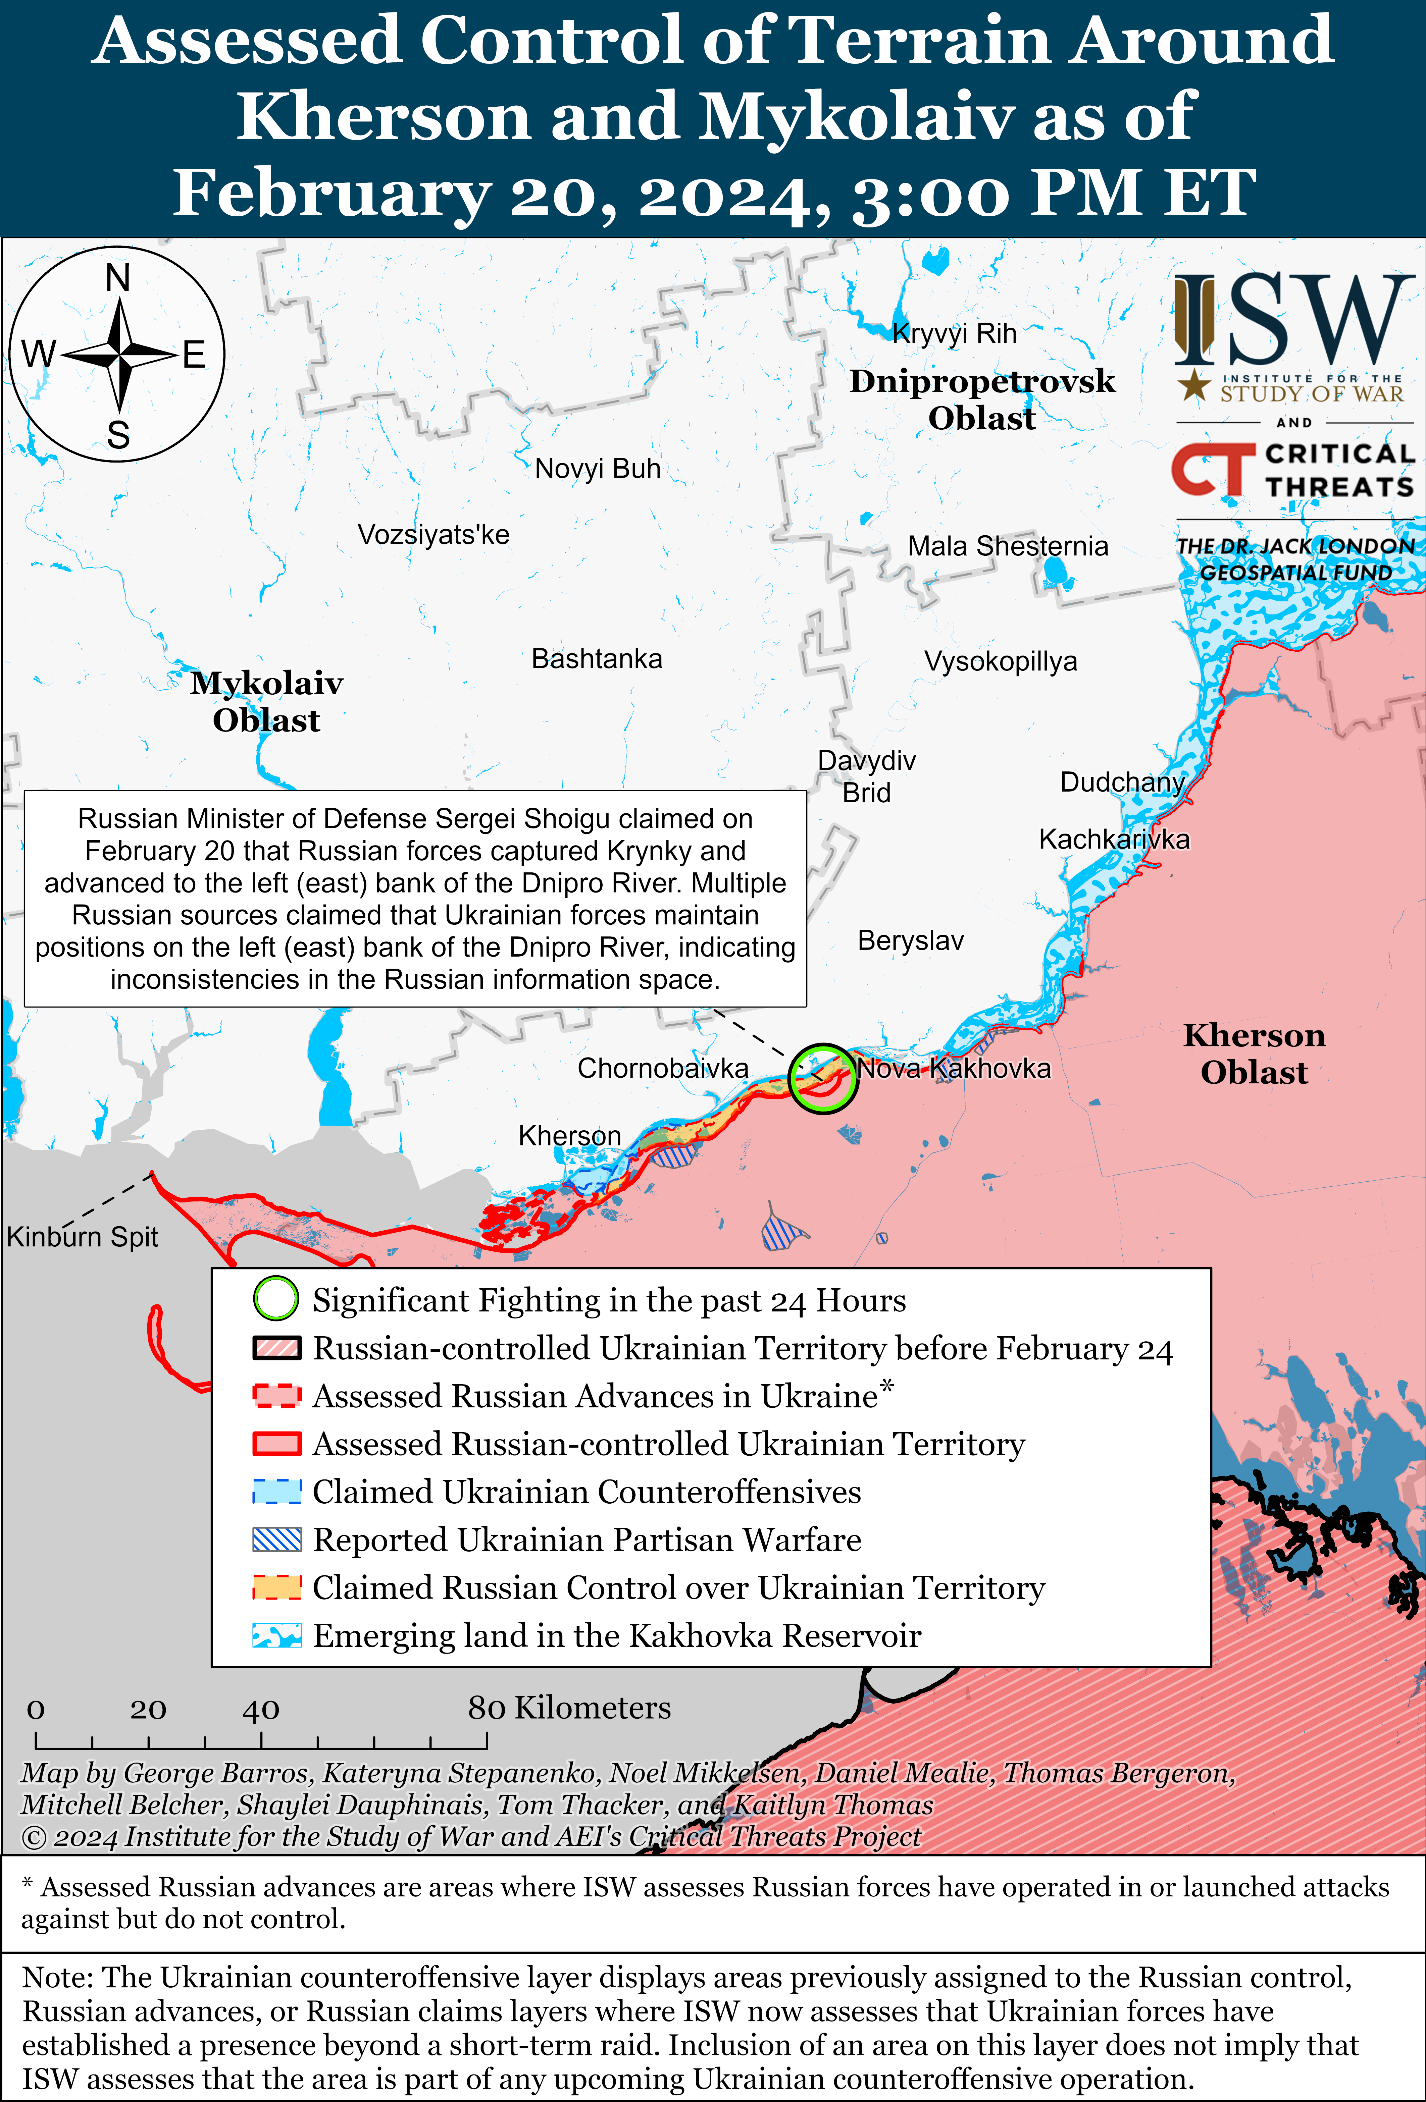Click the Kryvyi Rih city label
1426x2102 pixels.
point(955,334)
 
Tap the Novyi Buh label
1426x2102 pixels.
point(597,469)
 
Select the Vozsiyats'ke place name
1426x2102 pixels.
point(434,535)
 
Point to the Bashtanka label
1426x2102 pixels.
point(596,658)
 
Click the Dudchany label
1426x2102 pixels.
point(1122,783)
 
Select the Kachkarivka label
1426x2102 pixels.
point(1114,839)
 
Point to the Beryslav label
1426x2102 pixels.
point(910,941)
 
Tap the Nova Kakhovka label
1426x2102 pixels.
point(954,1068)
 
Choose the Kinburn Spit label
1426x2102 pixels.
point(82,1236)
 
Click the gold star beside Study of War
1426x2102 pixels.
point(1194,385)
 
